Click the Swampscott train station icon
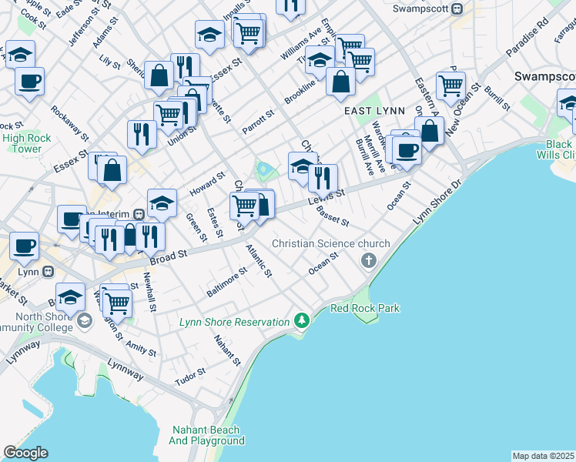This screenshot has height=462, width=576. [x=457, y=9]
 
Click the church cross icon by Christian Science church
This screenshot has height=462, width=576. [x=368, y=260]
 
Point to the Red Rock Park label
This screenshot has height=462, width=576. [x=364, y=308]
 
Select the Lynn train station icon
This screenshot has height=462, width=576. [x=47, y=272]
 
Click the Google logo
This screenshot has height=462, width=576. [x=25, y=453]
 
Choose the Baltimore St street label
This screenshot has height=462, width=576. [x=226, y=283]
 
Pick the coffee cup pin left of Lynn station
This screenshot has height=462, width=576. [x=23, y=246]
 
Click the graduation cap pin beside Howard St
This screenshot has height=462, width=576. [x=162, y=203]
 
